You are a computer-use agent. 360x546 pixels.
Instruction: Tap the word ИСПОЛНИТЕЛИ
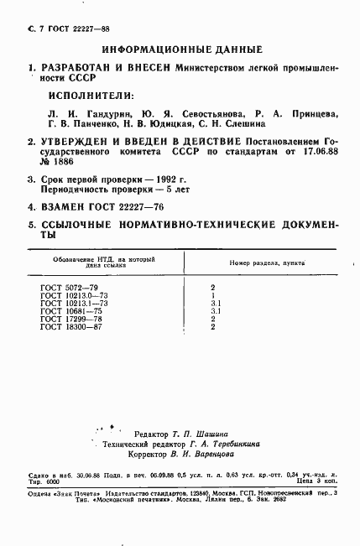click(x=89, y=96)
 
